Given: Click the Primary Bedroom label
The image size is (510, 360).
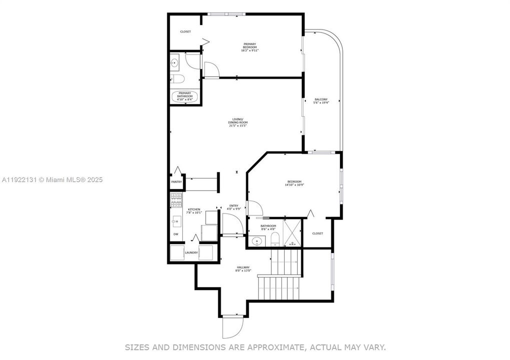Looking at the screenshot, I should click(x=250, y=45).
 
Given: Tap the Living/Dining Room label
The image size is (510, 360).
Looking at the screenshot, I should click(x=236, y=120).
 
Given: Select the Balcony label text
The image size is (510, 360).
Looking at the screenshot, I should click(x=321, y=100).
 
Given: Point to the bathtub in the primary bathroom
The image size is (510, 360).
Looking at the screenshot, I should click(x=185, y=96).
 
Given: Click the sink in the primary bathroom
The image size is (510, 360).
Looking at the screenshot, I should click(x=174, y=63).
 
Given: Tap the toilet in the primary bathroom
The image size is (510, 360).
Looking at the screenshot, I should click(x=178, y=78).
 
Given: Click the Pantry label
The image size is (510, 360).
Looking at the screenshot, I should click(x=176, y=182).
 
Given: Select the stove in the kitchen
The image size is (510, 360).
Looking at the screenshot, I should click(x=176, y=200).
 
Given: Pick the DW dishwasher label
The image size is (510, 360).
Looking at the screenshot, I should click(x=176, y=234).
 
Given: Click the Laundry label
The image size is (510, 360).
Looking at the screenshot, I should click(x=191, y=252).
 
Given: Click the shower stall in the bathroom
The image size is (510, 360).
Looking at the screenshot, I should click(x=292, y=232).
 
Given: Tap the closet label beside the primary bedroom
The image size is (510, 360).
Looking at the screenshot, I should click(x=185, y=31).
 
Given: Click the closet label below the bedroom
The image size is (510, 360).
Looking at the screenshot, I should click(x=318, y=233).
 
